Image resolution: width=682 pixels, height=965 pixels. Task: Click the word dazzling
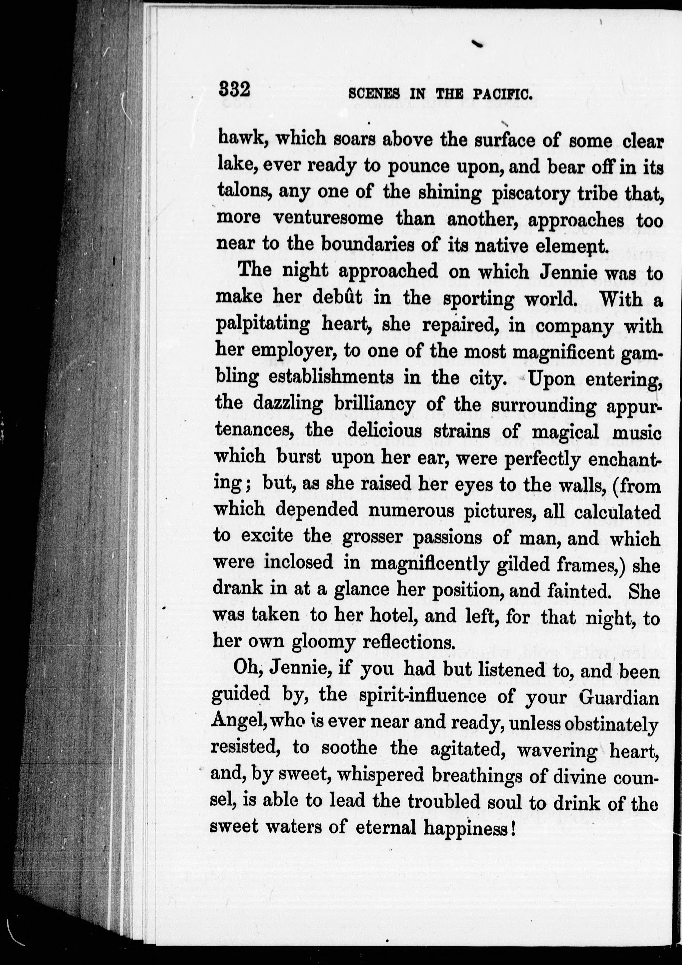(x=288, y=404)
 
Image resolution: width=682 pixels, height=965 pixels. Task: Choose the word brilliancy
(x=375, y=404)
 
